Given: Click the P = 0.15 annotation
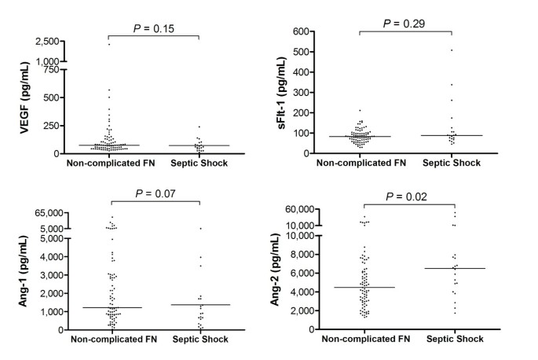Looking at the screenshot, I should tap(152, 29).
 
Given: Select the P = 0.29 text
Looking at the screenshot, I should tap(404, 24).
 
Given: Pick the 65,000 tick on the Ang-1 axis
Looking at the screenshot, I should tap(44, 212).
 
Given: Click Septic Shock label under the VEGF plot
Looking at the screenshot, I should tap(199, 164).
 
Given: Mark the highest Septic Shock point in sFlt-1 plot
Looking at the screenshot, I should tap(452, 50).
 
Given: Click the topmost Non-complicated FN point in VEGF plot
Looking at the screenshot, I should tap(109, 44).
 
